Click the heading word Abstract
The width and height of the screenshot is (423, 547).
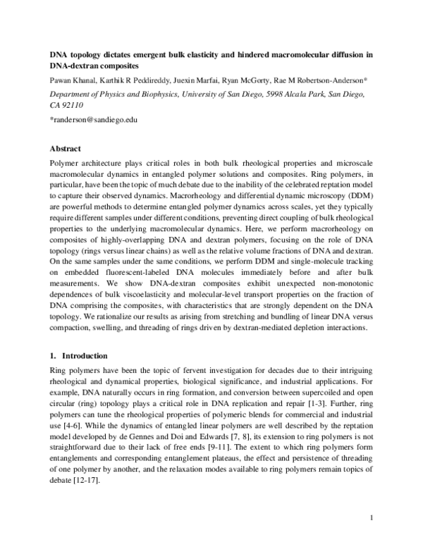point(66,149)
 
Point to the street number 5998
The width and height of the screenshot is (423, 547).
point(278,93)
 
